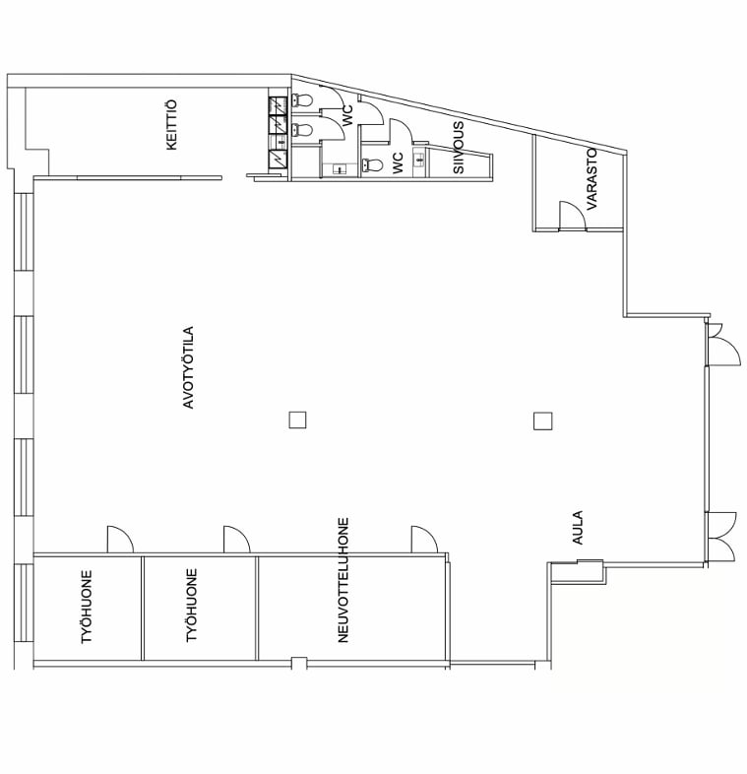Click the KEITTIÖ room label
[x=171, y=125]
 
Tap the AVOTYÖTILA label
[x=189, y=367]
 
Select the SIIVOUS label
[x=459, y=148]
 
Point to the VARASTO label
[x=591, y=178]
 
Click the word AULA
[x=578, y=528]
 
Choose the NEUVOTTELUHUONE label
[x=343, y=580]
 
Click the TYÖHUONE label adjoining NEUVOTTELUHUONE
[x=192, y=606]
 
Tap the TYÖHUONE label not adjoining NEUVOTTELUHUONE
[x=87, y=607]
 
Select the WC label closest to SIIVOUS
[x=398, y=162]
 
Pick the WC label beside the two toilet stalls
[x=347, y=115]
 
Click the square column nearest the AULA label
[x=542, y=421]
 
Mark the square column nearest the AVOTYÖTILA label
[x=297, y=420]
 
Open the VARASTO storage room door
[x=573, y=217]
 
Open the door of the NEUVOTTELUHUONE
[x=425, y=540]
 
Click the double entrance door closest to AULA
[x=721, y=537]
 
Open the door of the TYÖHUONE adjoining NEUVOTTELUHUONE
[x=237, y=540]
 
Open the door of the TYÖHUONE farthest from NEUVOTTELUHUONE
[x=120, y=540]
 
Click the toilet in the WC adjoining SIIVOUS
[x=371, y=164]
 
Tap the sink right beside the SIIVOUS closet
[x=419, y=160]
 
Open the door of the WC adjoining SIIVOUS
[x=401, y=130]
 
